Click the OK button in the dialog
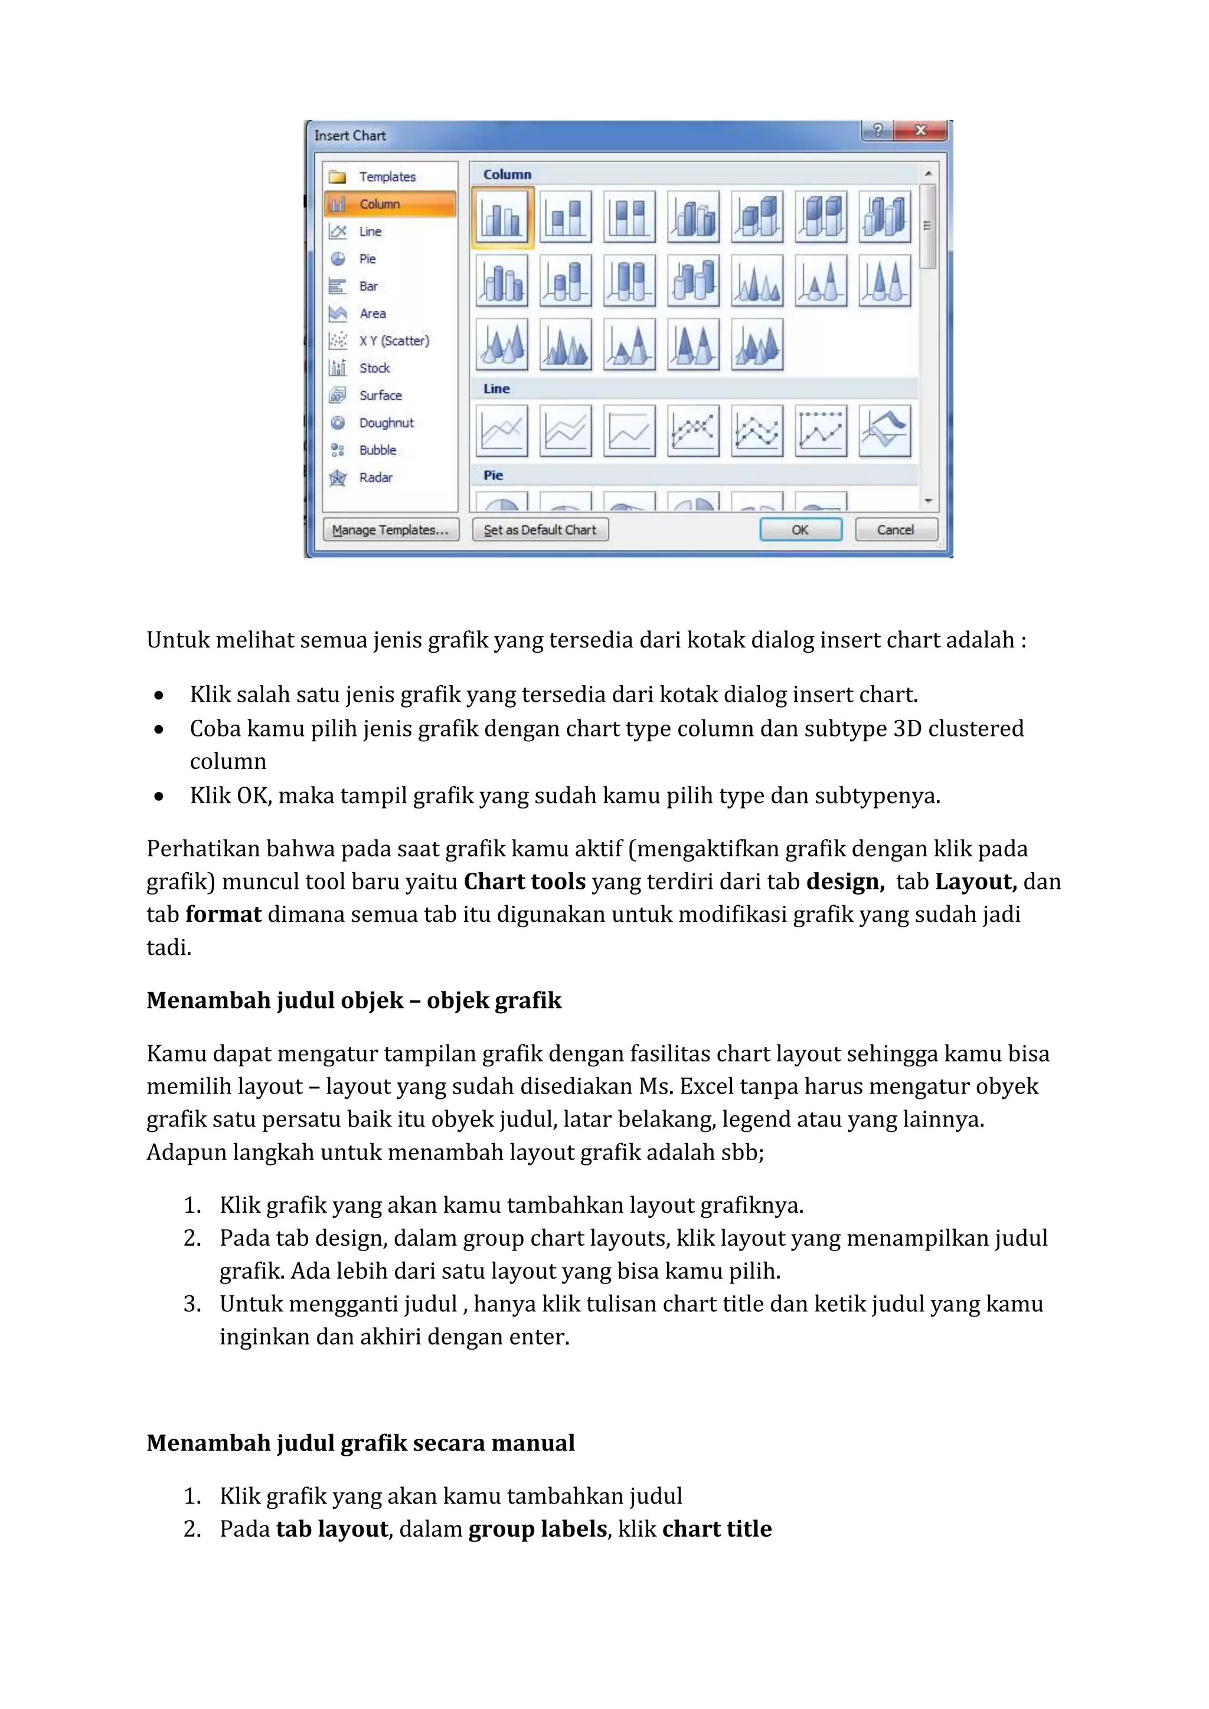[x=800, y=530]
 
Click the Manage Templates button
[x=391, y=530]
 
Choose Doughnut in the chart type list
[x=385, y=423]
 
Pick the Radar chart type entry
[x=375, y=478]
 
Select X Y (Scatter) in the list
[x=394, y=341]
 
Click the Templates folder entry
[x=387, y=177]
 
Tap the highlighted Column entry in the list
[x=390, y=204]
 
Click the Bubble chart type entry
[x=377, y=450]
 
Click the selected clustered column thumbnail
[x=502, y=217]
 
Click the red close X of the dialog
[x=921, y=130]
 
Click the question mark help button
[x=878, y=130]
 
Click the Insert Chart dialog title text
[x=350, y=136]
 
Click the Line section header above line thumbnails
[x=496, y=388]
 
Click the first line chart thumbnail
[x=502, y=430]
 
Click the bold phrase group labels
[x=538, y=1529]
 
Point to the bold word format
[x=223, y=914]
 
